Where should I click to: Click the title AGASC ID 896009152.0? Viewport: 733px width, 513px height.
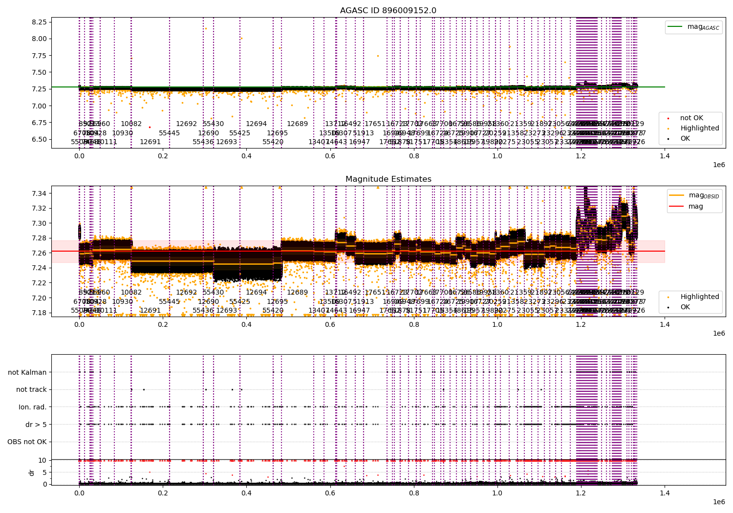click(x=388, y=11)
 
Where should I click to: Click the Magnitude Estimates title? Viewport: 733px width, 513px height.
click(x=388, y=179)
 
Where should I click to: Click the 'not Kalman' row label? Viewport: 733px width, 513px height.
click(x=27, y=372)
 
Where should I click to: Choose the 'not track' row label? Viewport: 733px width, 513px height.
click(x=31, y=389)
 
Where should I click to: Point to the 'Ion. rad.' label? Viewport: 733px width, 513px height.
click(x=33, y=407)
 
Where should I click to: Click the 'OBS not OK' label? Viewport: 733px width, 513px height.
click(x=27, y=442)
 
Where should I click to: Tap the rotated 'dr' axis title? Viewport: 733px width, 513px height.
click(x=32, y=472)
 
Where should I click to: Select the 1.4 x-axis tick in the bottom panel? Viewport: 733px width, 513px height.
click(x=665, y=494)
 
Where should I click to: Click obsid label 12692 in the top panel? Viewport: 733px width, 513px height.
click(x=186, y=124)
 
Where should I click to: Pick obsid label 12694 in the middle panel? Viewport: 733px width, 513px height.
click(x=256, y=293)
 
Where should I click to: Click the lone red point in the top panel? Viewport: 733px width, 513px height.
click(x=150, y=127)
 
